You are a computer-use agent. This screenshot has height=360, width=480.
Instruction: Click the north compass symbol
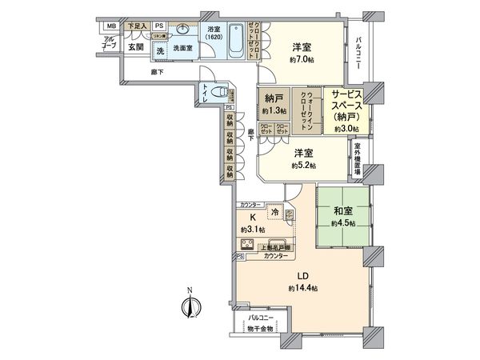click(x=190, y=306)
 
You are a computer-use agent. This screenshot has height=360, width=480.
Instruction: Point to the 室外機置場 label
click(x=357, y=158)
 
